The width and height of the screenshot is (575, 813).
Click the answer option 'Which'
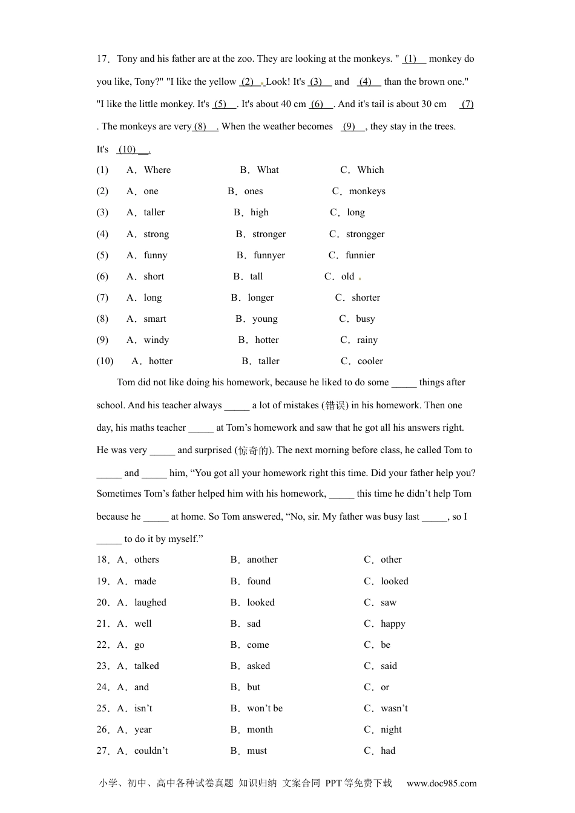(x=370, y=170)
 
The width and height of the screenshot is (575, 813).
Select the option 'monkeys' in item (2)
(x=367, y=191)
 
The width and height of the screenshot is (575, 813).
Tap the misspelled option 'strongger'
(x=365, y=234)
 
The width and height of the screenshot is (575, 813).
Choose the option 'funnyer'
(x=269, y=255)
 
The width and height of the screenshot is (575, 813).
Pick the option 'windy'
(x=156, y=340)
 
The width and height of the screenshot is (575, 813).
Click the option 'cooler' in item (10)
(x=370, y=361)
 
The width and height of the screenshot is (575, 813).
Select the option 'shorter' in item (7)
(x=366, y=298)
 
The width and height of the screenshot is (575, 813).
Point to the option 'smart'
(x=155, y=319)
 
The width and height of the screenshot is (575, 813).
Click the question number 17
(x=102, y=59)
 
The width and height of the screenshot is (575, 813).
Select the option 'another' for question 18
(x=262, y=560)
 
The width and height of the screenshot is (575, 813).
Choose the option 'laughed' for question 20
(x=150, y=602)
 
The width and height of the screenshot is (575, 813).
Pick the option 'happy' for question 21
(x=393, y=624)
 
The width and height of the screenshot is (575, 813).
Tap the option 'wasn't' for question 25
(x=394, y=708)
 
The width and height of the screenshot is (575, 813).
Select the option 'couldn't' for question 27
(x=151, y=751)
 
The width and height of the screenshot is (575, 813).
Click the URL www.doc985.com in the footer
(x=441, y=783)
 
